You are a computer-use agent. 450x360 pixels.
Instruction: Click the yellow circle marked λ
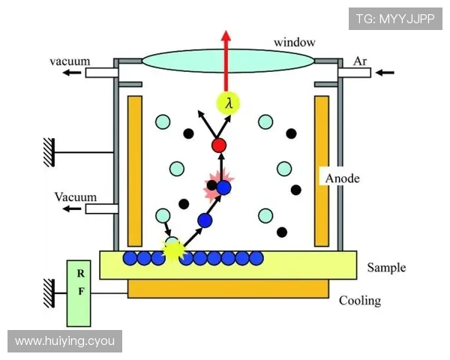click(228, 103)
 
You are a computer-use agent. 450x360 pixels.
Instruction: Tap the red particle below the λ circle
click(219, 145)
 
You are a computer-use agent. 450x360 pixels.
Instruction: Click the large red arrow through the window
click(226, 61)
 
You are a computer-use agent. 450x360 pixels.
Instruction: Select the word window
click(295, 43)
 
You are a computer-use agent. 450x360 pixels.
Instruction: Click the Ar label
click(360, 61)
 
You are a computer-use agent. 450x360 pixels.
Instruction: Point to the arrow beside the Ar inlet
click(385, 73)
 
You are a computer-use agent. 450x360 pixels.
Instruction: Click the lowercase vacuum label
click(70, 61)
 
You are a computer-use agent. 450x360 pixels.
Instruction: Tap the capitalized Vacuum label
click(76, 197)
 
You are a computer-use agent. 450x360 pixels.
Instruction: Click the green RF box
click(79, 293)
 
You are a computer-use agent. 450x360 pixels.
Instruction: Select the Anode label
click(342, 178)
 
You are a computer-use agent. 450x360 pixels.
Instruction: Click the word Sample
click(386, 268)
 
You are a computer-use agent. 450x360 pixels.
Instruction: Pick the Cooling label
click(360, 301)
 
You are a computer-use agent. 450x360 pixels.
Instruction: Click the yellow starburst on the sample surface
click(172, 250)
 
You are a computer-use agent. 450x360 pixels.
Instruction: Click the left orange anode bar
click(135, 171)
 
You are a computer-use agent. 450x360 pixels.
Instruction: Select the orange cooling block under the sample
click(228, 289)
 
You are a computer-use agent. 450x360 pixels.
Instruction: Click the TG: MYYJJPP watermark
click(395, 19)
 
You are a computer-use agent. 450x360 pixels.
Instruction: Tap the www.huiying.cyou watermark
click(64, 341)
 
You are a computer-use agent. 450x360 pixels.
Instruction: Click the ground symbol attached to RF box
click(49, 293)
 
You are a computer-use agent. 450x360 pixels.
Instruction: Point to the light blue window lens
click(229, 61)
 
